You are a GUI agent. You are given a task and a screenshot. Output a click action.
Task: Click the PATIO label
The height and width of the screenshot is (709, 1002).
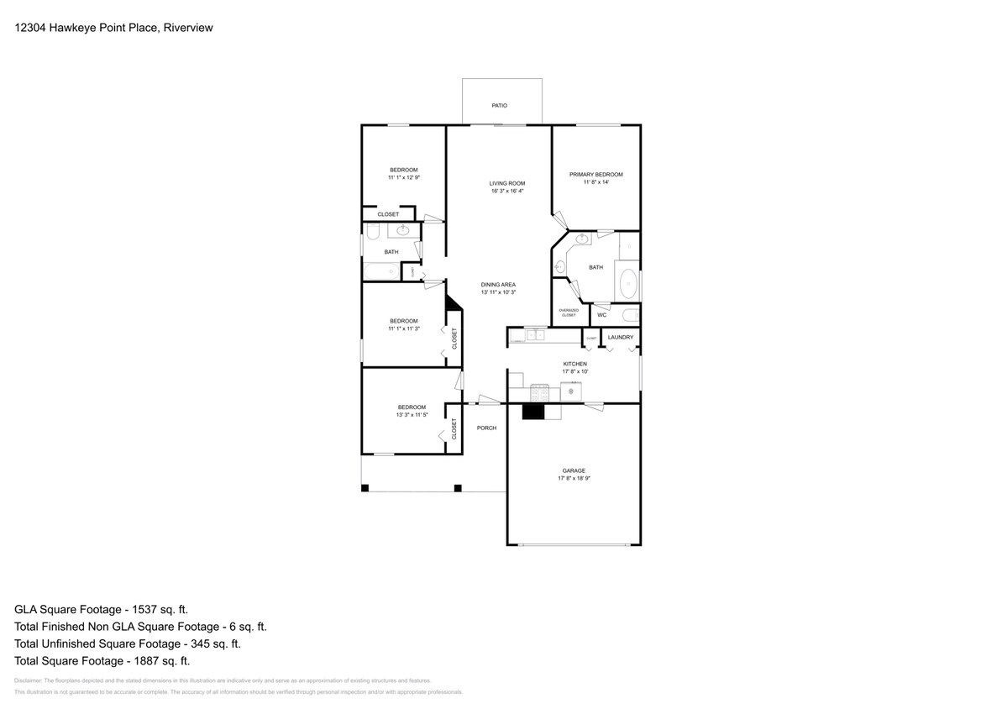coord(499,106)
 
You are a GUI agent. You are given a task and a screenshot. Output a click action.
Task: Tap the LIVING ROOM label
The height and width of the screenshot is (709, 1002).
coord(507,183)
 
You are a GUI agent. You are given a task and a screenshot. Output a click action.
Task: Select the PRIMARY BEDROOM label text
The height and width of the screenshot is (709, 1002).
coord(595,175)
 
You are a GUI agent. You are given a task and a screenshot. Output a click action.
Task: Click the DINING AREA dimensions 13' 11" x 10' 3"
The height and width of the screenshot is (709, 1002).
coord(498,292)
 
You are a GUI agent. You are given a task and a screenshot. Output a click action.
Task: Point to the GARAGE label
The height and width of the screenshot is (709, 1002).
coord(574,470)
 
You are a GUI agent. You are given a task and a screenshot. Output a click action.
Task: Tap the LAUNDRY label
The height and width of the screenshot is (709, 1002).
coord(620,337)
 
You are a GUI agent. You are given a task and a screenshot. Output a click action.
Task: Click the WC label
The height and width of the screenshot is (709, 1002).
coord(601,316)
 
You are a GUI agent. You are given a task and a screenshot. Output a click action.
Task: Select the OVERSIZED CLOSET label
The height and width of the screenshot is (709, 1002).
coord(569,312)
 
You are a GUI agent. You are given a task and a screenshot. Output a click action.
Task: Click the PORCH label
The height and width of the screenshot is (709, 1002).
coord(486,428)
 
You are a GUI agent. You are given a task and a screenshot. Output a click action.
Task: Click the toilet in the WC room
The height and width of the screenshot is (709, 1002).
coord(631,316)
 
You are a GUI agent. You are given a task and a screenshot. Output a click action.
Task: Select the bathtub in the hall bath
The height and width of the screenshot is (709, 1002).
coord(380,272)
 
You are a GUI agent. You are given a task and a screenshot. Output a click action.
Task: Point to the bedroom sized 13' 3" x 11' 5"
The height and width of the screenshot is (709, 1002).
coord(411,411)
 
